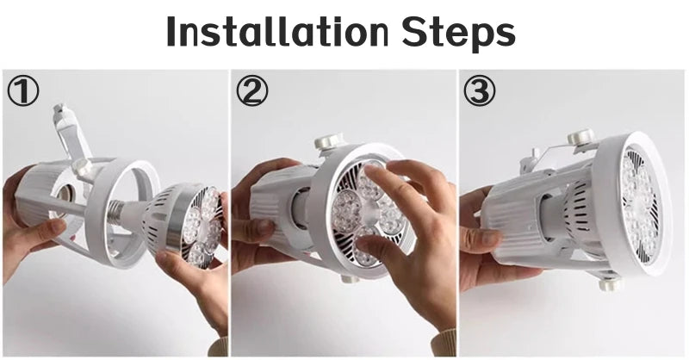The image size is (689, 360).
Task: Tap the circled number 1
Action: [x=22, y=91]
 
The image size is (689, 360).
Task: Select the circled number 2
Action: [x=251, y=91]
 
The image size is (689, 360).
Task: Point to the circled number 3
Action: [x=480, y=91]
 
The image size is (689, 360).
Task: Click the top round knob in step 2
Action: [x=327, y=141]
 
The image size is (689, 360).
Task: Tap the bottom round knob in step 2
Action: [x=351, y=278]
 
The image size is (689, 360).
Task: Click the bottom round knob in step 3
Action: [x=611, y=285]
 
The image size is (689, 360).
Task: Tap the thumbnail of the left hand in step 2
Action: [x=265, y=227]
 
